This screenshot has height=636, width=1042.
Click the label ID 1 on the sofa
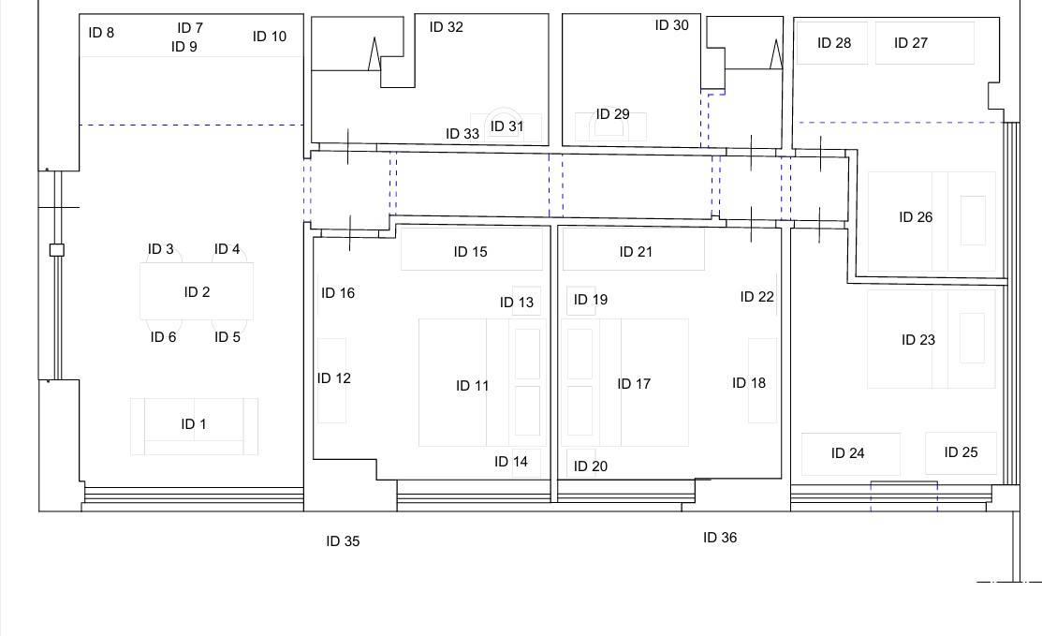pyautogui.click(x=194, y=424)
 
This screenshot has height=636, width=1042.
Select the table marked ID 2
pyautogui.click(x=197, y=291)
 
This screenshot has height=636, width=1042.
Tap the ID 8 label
pyautogui.click(x=101, y=33)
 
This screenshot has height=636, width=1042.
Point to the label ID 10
pyautogui.click(x=269, y=37)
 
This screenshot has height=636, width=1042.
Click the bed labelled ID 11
pyautogui.click(x=482, y=383)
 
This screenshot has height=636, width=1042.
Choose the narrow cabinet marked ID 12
pyautogui.click(x=331, y=381)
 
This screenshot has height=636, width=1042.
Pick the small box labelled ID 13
pyautogui.click(x=526, y=301)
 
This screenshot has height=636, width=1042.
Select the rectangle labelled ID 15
pyautogui.click(x=471, y=248)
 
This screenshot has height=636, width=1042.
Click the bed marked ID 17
pyautogui.click(x=624, y=383)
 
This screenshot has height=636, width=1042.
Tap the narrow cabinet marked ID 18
pyautogui.click(x=762, y=381)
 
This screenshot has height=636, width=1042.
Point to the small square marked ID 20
pyautogui.click(x=580, y=464)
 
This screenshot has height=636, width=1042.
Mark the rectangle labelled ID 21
pyautogui.click(x=633, y=248)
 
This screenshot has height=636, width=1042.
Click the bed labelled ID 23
pyautogui.click(x=931, y=339)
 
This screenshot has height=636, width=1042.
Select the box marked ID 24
pyautogui.click(x=851, y=454)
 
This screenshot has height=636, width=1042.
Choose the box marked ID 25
pyautogui.click(x=961, y=453)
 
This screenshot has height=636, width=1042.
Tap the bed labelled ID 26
pyautogui.click(x=931, y=221)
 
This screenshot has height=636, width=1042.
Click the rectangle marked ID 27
pyautogui.click(x=924, y=43)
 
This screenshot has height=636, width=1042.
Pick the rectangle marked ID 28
pyautogui.click(x=832, y=43)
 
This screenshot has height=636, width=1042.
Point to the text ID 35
pyautogui.click(x=343, y=541)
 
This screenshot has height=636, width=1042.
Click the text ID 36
pyautogui.click(x=720, y=538)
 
